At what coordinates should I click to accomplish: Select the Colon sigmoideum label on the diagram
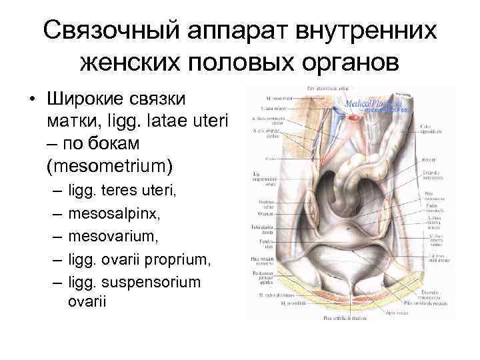coord(426,129)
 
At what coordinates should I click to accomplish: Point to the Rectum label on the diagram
coord(429,160)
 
